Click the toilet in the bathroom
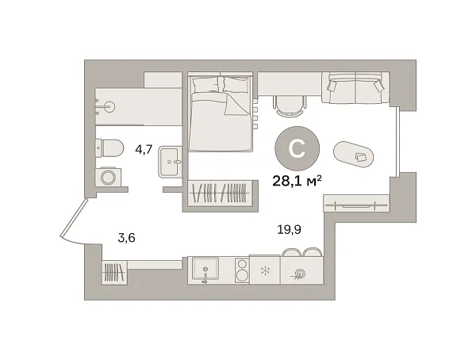click(x=109, y=148)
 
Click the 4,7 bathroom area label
click(x=144, y=147)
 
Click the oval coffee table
click(x=355, y=155)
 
